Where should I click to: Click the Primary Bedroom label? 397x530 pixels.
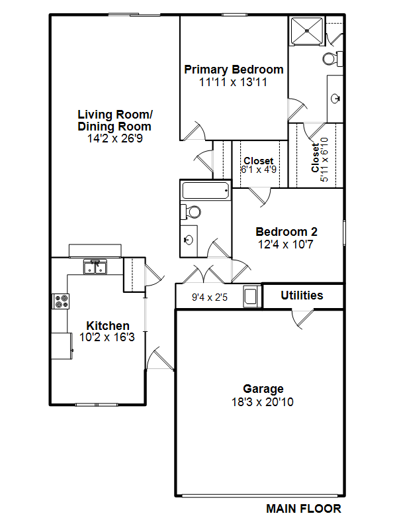click(234, 70)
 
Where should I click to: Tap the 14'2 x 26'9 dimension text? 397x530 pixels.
click(115, 138)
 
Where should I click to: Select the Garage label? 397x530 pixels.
click(263, 389)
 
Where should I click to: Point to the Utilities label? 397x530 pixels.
click(302, 295)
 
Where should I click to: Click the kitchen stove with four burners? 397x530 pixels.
click(61, 301)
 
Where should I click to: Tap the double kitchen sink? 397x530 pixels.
click(95, 267)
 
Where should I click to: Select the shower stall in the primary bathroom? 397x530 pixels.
click(307, 30)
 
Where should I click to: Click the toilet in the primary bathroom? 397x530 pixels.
click(333, 59)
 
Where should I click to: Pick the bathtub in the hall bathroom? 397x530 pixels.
click(206, 190)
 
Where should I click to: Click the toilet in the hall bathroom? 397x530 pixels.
click(191, 212)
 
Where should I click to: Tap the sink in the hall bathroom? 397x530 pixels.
click(189, 240)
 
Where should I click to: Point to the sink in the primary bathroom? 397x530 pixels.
click(335, 99)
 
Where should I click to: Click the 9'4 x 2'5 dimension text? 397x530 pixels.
click(210, 297)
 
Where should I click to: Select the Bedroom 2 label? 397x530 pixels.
click(287, 232)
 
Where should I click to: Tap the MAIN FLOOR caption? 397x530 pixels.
click(304, 509)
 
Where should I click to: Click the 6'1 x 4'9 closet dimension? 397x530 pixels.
click(259, 170)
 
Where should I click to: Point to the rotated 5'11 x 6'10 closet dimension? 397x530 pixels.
click(324, 160)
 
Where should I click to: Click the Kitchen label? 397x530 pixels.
click(108, 326)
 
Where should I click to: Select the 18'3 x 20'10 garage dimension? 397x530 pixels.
click(263, 402)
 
